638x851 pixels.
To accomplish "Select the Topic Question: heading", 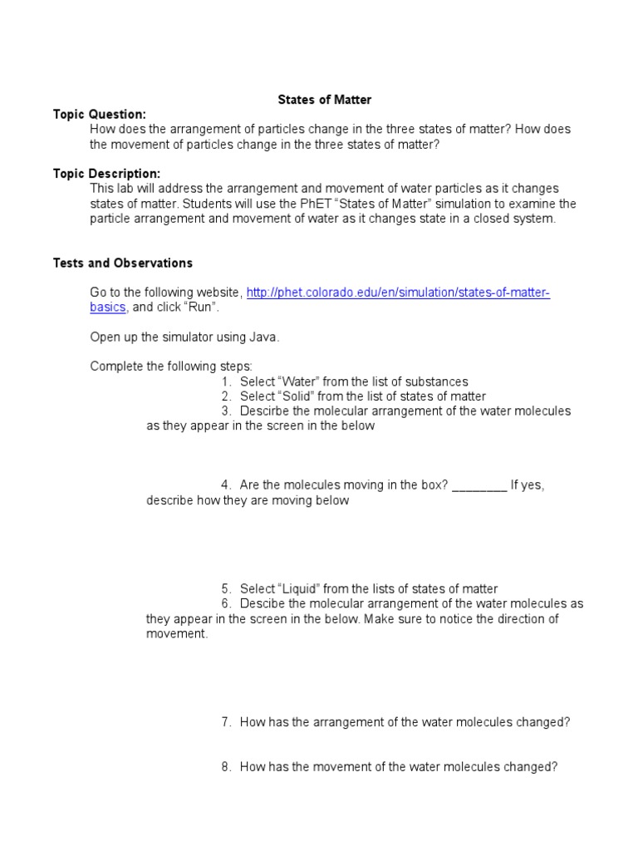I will (x=100, y=115).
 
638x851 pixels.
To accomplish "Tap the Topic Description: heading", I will (x=106, y=174).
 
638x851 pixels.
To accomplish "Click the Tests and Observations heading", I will (x=123, y=263).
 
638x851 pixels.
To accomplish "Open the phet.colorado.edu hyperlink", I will (x=398, y=293).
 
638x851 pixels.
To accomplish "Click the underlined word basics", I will (x=108, y=307).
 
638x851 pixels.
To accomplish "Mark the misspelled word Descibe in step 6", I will (x=262, y=604).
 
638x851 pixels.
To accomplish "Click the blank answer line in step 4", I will (x=479, y=486).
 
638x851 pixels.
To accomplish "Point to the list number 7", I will (x=225, y=723).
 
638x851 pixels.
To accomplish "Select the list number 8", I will (x=225, y=768).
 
